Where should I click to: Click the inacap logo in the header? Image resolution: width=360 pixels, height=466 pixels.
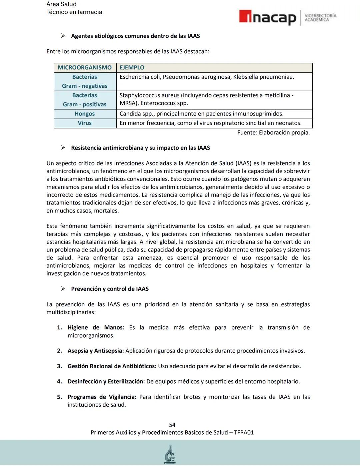pyautogui.click(x=267, y=17)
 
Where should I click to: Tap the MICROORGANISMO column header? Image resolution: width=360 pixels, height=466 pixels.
pyautogui.click(x=85, y=68)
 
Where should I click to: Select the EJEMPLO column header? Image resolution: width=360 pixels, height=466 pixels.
pyautogui.click(x=132, y=68)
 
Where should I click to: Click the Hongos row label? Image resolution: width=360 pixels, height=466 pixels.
pyautogui.click(x=85, y=114)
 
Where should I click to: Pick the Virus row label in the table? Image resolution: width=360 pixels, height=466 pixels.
pyautogui.click(x=85, y=123)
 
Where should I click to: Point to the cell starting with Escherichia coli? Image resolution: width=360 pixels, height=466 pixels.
pyautogui.click(x=207, y=77)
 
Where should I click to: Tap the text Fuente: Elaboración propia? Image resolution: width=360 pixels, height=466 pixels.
pyautogui.click(x=273, y=133)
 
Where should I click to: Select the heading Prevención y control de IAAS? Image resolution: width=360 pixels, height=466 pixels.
pyautogui.click(x=110, y=289)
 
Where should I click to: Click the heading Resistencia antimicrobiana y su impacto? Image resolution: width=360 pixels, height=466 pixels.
pyautogui.click(x=140, y=148)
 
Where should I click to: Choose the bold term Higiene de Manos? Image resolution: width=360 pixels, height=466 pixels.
pyautogui.click(x=96, y=328)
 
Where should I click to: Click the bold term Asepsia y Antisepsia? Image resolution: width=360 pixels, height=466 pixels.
pyautogui.click(x=96, y=351)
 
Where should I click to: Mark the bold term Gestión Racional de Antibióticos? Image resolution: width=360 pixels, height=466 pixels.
pyautogui.click(x=112, y=366)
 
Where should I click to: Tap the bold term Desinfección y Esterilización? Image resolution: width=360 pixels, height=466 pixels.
pyautogui.click(x=106, y=382)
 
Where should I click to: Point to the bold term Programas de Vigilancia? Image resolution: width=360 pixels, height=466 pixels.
pyautogui.click(x=102, y=397)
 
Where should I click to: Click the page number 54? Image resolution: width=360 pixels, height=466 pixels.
pyautogui.click(x=172, y=425)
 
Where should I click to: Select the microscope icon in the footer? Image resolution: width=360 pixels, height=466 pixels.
pyautogui.click(x=170, y=455)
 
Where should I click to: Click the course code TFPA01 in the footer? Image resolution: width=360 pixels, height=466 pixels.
pyautogui.click(x=244, y=433)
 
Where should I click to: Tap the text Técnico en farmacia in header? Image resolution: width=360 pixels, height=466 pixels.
pyautogui.click(x=74, y=12)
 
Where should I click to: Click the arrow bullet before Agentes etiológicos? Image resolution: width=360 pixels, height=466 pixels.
pyautogui.click(x=63, y=36)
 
